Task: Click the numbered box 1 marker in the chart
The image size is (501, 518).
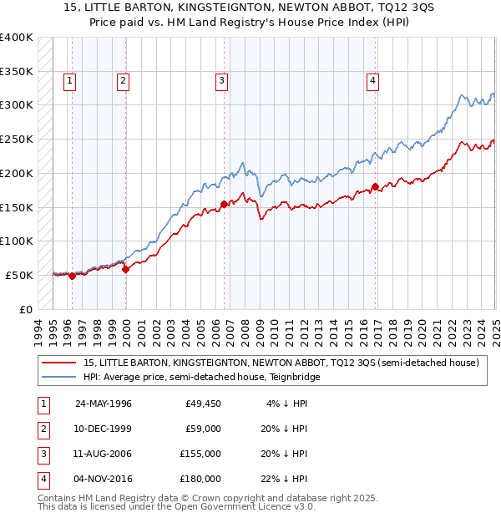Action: tap(68, 81)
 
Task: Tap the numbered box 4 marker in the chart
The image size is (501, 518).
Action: tap(372, 81)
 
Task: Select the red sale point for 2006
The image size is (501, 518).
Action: tap(224, 204)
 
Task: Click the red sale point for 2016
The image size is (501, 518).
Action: tap(376, 186)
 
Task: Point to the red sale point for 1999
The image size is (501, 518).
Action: tap(125, 269)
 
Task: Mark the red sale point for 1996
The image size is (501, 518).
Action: tap(72, 276)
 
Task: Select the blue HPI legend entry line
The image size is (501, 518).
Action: tap(58, 378)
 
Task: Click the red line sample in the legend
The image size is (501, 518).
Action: tap(58, 363)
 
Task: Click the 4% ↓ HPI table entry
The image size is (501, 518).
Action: tap(287, 404)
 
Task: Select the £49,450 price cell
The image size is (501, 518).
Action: tap(203, 404)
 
